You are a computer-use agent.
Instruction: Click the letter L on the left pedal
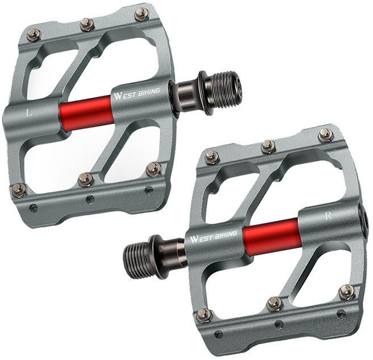point(29,112)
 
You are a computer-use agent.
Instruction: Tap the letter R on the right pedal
point(329,216)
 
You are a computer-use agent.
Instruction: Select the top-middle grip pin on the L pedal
point(87,24)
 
